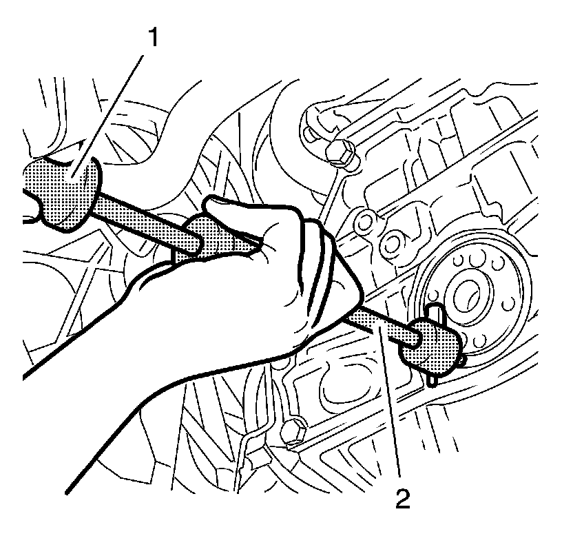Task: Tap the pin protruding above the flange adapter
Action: (434, 313)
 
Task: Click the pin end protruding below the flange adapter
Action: (432, 380)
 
